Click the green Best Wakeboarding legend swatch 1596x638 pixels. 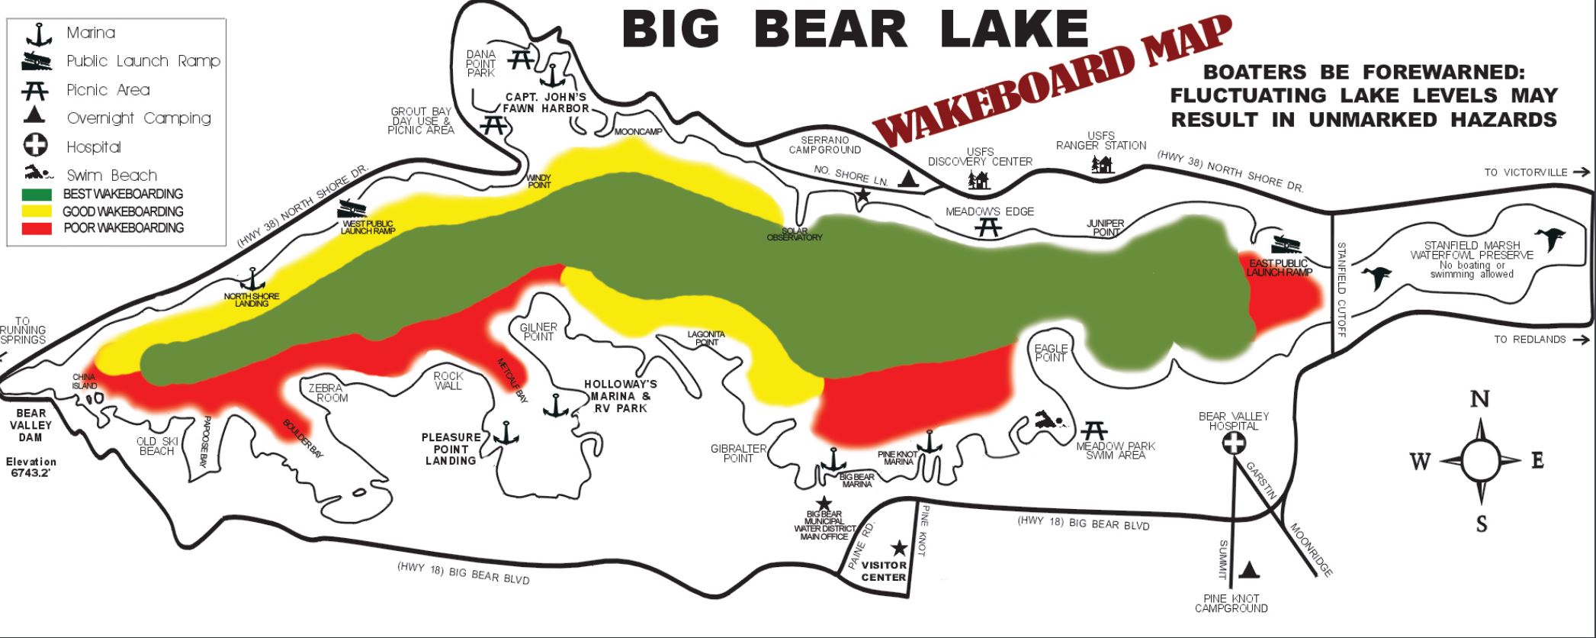[x=37, y=195]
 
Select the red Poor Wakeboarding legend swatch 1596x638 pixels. [x=37, y=227]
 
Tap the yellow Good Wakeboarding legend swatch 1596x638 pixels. [x=37, y=211]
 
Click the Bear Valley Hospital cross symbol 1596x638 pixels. [x=1232, y=443]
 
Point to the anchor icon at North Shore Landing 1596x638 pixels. [x=252, y=280]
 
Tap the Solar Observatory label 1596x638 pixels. [x=794, y=234]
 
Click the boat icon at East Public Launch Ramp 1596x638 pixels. [x=1289, y=246]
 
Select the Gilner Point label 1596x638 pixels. [x=538, y=332]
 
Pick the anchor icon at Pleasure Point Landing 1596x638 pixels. [x=505, y=433]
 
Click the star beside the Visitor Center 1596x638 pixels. [x=899, y=547]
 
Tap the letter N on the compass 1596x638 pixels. [x=1479, y=399]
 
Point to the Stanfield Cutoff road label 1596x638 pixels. [x=1342, y=289]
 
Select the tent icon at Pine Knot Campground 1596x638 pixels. [x=1249, y=569]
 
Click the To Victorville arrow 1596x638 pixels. [x=1581, y=172]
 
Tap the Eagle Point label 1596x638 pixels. [x=1051, y=353]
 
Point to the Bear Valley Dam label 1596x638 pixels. [x=31, y=425]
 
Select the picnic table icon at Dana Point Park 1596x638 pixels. [x=522, y=59]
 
